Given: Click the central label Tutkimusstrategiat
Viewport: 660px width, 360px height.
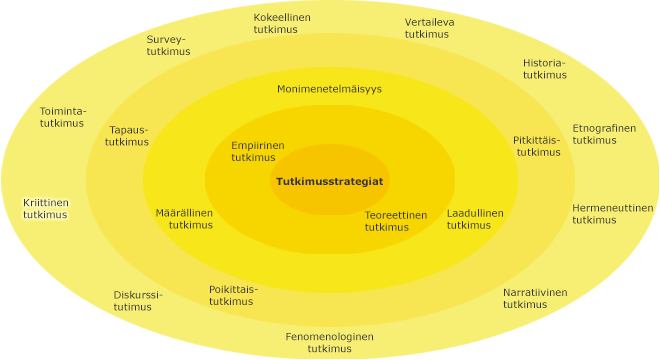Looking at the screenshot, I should click(x=329, y=181).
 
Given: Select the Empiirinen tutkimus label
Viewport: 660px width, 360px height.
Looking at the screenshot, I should click(x=257, y=151).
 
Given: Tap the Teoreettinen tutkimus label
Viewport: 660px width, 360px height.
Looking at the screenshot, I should click(x=395, y=221).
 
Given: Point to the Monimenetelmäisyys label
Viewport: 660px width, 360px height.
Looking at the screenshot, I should click(x=329, y=89).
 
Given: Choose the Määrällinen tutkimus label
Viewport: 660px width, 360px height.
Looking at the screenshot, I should click(x=184, y=219).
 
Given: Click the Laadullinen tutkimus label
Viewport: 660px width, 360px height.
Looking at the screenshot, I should click(x=474, y=219).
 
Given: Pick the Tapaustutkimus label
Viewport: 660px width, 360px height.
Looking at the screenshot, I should click(x=127, y=136).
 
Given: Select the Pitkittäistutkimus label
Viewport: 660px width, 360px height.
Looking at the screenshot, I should click(x=537, y=146).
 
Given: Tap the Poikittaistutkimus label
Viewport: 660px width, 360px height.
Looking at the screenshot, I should click(x=232, y=295).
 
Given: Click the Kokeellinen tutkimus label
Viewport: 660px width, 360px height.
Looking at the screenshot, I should click(x=281, y=24).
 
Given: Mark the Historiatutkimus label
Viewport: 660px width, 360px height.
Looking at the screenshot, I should click(x=544, y=69).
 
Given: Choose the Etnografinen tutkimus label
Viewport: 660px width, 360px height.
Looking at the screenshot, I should click(x=603, y=134).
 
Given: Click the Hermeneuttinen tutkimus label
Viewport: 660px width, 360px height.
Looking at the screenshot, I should click(x=612, y=214).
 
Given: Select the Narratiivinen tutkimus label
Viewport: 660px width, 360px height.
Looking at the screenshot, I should click(x=534, y=298).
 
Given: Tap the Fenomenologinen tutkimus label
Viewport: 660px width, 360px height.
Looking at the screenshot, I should click(x=329, y=342).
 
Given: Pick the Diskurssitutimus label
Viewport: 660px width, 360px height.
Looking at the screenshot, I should click(x=137, y=301).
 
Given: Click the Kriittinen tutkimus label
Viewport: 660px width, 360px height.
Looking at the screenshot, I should click(x=46, y=208).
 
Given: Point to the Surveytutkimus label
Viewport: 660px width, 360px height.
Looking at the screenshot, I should click(x=167, y=46).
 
